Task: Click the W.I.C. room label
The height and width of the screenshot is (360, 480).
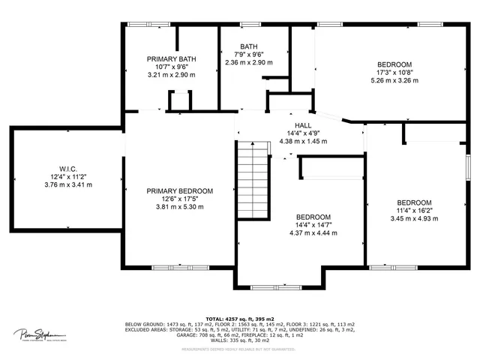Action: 64,168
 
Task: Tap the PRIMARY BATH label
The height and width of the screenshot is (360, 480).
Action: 172,59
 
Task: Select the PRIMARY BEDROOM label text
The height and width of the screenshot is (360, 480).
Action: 180,191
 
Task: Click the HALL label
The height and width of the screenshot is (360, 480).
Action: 303,125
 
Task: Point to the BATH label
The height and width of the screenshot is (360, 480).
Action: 249,46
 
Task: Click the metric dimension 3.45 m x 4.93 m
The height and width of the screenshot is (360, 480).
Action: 414,218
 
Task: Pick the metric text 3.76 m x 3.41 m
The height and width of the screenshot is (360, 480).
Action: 64,184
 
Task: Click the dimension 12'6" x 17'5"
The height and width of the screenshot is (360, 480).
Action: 180,199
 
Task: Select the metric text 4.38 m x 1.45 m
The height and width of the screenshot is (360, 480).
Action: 303,141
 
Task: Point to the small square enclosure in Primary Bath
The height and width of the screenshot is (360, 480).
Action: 180,100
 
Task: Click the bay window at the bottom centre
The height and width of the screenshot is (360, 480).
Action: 283,286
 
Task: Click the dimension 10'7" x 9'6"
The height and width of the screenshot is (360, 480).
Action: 172,67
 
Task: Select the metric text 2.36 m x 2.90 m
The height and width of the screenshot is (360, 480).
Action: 249,62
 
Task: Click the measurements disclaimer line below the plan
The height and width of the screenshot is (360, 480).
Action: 240,348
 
